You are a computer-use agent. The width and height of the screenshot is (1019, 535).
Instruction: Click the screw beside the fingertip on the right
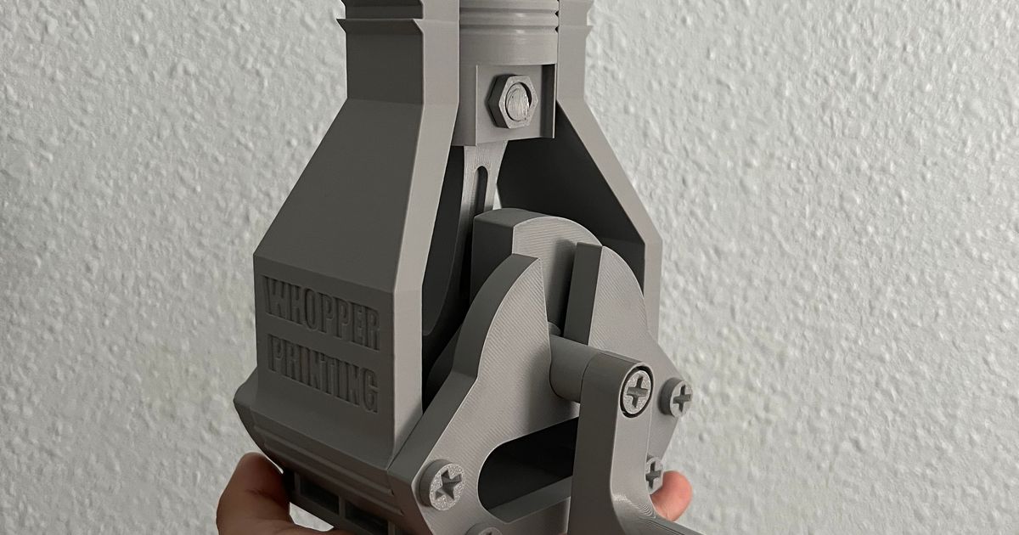click(652, 472)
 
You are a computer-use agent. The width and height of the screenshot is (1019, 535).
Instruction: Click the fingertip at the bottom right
click(675, 493)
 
